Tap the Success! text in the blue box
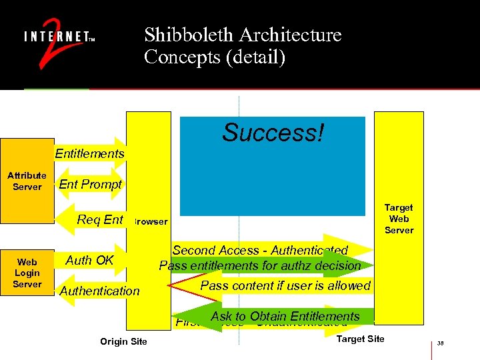click(x=273, y=133)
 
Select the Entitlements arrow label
click(x=89, y=154)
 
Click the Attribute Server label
click(x=27, y=181)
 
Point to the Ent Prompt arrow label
click(x=91, y=185)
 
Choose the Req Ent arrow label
click(x=100, y=219)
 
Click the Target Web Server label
click(x=399, y=219)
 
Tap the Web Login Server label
click(x=27, y=273)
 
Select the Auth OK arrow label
click(x=89, y=260)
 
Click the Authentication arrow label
click(x=100, y=291)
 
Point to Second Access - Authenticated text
click(x=260, y=251)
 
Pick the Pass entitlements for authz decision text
click(x=260, y=266)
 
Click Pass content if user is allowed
click(x=285, y=285)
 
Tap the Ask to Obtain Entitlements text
click(x=285, y=316)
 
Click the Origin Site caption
click(x=123, y=342)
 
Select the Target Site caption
click(x=360, y=339)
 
